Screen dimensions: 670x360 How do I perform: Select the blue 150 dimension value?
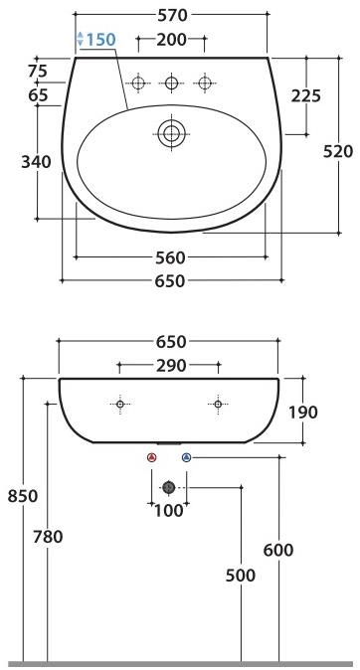pyautogui.click(x=100, y=40)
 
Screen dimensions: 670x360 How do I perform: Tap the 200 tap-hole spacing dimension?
pyautogui.click(x=171, y=40)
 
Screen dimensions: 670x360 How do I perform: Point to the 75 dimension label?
pyautogui.click(x=39, y=71)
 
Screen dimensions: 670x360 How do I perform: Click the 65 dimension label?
pyautogui.click(x=39, y=94)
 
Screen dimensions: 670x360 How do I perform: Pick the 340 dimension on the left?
pyautogui.click(x=37, y=162)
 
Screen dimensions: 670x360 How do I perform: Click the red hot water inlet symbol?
pyautogui.click(x=151, y=457)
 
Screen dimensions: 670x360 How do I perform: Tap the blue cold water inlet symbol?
pyautogui.click(x=187, y=457)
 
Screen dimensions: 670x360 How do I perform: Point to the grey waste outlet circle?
pyautogui.click(x=169, y=487)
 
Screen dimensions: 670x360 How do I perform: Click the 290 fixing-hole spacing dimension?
pyautogui.click(x=171, y=366)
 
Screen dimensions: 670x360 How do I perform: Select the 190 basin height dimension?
pyautogui.click(x=304, y=413)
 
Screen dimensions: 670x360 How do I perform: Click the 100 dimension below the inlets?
pyautogui.click(x=169, y=511)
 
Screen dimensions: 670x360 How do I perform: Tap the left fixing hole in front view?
pyautogui.click(x=120, y=405)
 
